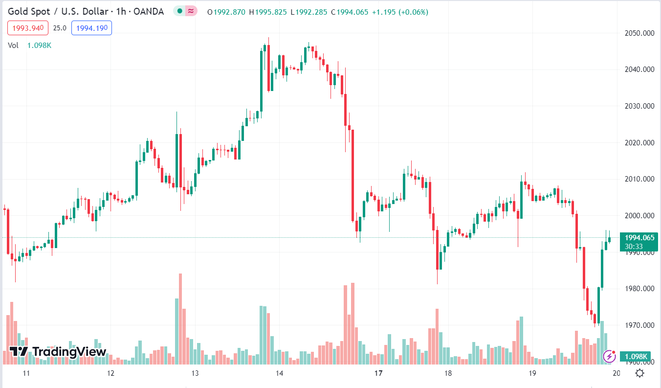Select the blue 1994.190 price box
[91, 28]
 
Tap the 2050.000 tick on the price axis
[639, 33]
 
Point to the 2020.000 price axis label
[639, 143]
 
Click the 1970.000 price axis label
[639, 325]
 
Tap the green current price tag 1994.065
[639, 238]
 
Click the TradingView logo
[58, 351]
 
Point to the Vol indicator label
[13, 45]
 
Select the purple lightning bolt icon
[609, 356]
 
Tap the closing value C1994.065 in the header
[350, 12]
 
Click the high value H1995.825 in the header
[268, 12]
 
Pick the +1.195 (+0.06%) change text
[400, 12]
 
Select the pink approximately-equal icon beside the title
[191, 11]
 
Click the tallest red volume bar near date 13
[180, 318]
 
